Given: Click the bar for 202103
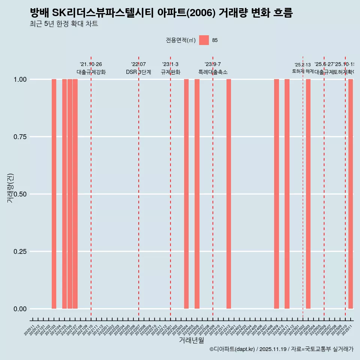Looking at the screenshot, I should click(x=54, y=194).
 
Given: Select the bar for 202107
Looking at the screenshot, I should click(x=75, y=194).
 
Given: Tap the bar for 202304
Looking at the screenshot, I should click(x=186, y=194).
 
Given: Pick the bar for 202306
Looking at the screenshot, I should click(x=197, y=194).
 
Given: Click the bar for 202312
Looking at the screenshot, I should click(x=229, y=194).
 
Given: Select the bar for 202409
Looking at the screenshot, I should click(x=276, y=194).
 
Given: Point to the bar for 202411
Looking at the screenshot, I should click(x=287, y=194).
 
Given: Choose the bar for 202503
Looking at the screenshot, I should click(x=308, y=194).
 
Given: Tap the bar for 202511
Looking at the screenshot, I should click(x=351, y=194).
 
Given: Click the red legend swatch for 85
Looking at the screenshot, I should click(x=204, y=40).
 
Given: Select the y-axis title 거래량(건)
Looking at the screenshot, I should click(x=10, y=188).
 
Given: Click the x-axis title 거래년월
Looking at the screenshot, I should click(x=192, y=340).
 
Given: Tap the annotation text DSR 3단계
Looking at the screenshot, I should click(x=138, y=72).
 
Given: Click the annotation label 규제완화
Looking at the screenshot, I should click(x=171, y=72).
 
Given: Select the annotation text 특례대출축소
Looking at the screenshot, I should click(x=213, y=72).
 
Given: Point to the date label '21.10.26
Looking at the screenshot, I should click(x=91, y=64).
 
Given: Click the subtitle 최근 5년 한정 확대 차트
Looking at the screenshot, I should click(x=64, y=24).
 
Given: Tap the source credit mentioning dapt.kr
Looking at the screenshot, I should click(x=281, y=349).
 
